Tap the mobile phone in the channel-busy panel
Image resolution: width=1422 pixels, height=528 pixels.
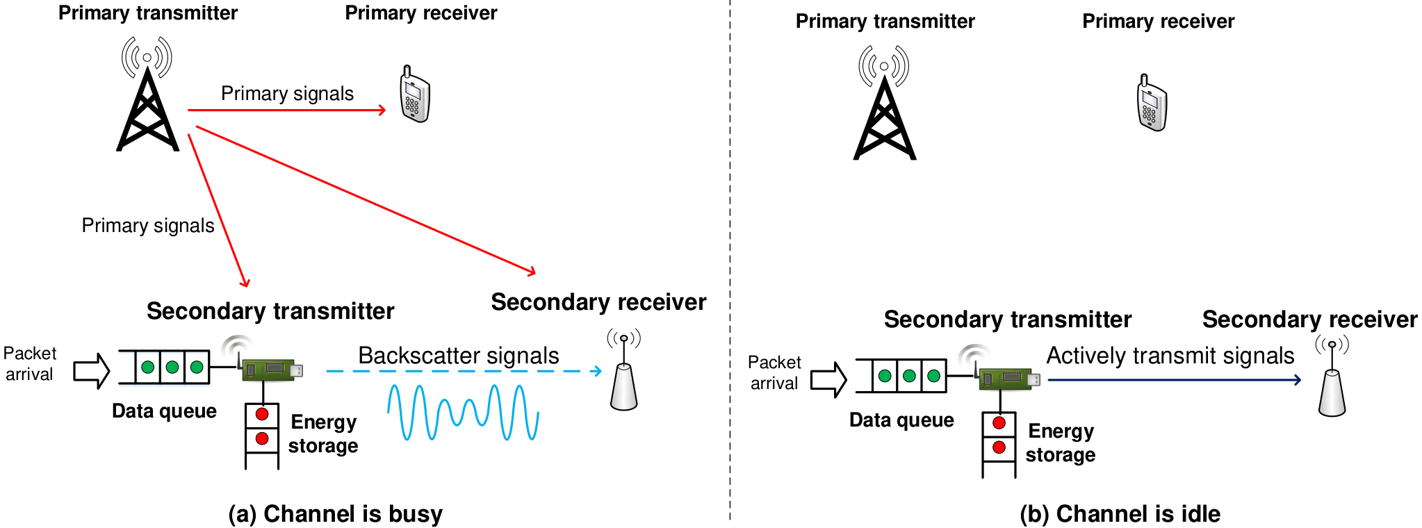coord(415,94)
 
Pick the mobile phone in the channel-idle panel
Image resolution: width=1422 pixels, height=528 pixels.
coord(1152,103)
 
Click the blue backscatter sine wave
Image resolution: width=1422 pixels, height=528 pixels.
coord(463,412)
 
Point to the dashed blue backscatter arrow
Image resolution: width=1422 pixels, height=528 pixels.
coord(464,371)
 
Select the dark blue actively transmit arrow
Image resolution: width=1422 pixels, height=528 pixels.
coord(1175,380)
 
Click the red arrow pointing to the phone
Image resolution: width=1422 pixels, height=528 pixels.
coord(287,110)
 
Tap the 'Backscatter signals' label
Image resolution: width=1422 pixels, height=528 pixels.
coord(458,356)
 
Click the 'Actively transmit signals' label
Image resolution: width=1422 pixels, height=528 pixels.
coord(1170,356)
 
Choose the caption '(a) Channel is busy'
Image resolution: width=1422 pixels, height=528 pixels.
coord(336,514)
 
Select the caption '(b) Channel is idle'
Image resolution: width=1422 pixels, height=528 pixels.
coord(1120,514)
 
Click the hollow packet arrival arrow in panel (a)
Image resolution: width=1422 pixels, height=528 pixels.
coord(92,371)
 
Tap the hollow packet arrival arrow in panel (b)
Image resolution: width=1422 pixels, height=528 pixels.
coord(828,380)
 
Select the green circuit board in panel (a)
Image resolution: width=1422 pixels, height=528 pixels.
coord(272,370)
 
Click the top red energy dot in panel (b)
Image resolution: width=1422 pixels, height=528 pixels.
coord(999,423)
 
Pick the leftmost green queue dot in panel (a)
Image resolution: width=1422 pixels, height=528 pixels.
coord(147,367)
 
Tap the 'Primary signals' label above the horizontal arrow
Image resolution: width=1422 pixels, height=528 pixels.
coord(287,94)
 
